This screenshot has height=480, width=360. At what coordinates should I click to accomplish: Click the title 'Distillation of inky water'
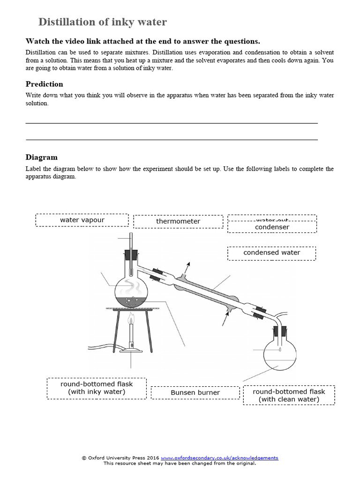102,22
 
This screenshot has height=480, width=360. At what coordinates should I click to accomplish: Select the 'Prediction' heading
44,84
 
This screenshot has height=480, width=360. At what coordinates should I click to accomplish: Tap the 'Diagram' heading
42,157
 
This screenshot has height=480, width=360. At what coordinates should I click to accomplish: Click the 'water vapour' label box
82,220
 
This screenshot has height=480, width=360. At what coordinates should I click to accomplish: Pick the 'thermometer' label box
178,221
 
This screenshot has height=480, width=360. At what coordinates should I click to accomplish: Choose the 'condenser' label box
272,227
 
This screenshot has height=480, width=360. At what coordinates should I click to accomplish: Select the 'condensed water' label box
272,253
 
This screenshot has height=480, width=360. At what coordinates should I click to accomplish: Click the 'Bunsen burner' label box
195,392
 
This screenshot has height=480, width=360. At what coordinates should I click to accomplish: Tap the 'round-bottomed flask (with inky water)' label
97,388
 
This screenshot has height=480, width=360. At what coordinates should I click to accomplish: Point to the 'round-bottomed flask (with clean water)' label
289,395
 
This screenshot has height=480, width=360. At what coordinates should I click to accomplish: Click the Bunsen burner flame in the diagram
131,321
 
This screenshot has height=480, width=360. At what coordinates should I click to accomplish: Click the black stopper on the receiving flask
280,330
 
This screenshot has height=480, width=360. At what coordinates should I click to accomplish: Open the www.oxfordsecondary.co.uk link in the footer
219,458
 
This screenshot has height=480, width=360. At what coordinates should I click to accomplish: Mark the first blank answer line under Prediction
172,123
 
